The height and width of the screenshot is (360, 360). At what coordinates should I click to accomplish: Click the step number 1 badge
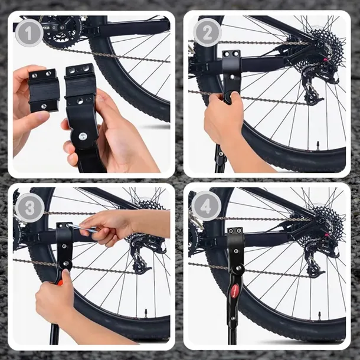pos(29,33)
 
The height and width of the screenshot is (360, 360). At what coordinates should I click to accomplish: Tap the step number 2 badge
pos(207,32)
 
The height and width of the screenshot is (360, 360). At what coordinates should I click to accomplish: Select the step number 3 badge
pos(30,208)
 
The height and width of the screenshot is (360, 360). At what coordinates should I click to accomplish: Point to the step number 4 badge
pos(206,206)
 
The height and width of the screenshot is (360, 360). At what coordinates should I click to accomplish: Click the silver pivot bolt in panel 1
pos(83,136)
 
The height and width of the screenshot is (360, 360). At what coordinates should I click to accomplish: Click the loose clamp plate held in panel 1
pos(43,91)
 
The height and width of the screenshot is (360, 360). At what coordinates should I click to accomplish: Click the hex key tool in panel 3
pos(83,228)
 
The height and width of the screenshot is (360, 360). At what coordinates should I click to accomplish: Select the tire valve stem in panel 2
pos(318,145)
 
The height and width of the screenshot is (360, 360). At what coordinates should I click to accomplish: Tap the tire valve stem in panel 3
pos(146,312)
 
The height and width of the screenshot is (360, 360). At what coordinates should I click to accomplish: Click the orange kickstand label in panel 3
pos(60,282)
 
